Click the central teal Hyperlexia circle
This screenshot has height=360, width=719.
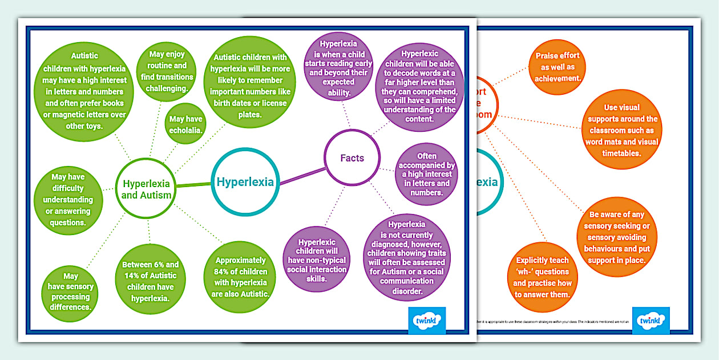(x=245, y=182)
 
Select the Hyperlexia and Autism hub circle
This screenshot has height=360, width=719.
(x=146, y=189)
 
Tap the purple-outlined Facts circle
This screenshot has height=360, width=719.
(x=352, y=158)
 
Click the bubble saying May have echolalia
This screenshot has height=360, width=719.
(x=186, y=124)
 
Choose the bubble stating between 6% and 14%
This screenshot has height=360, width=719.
(x=150, y=281)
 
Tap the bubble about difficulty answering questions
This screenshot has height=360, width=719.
(x=68, y=200)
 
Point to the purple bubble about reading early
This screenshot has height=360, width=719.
(x=338, y=67)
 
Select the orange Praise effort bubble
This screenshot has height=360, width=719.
(x=557, y=66)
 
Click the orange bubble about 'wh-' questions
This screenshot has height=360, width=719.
(x=542, y=277)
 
